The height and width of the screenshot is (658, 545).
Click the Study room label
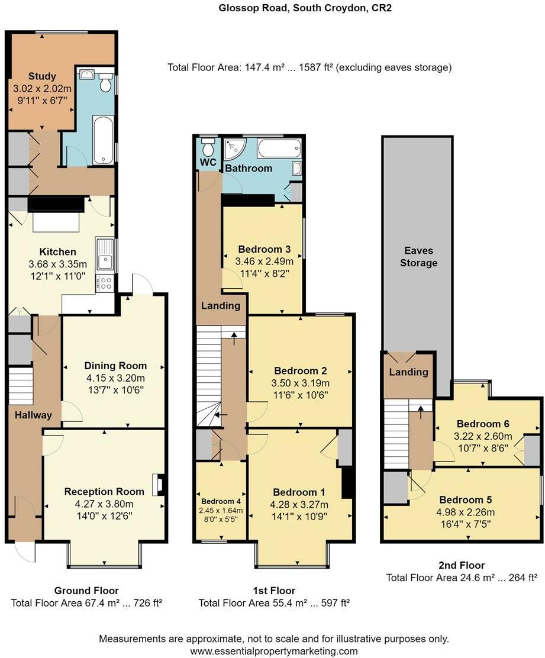tap(42, 76)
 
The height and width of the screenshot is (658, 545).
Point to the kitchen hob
tap(107, 283)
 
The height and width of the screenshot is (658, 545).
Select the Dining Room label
tap(115, 366)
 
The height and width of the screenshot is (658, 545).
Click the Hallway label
tap(33, 415)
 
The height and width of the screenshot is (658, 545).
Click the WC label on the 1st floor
tap(207, 162)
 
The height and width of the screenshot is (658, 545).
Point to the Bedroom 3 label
tap(264, 249)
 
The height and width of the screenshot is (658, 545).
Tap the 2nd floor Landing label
tap(408, 372)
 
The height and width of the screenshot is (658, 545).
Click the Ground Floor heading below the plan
tap(86, 591)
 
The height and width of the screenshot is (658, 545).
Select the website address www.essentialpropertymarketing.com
tap(273, 651)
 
